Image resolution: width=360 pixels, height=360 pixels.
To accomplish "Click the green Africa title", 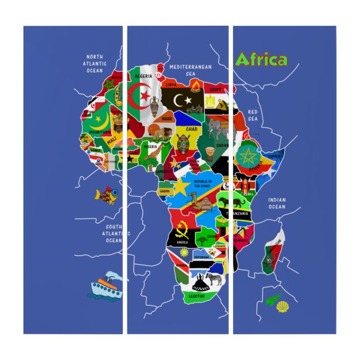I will click(261, 59).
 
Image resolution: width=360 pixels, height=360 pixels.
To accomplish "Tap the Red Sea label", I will click(253, 115).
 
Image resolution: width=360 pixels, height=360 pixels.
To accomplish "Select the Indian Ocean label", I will click(276, 203).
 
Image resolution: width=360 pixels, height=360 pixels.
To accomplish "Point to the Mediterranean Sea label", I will click(191, 70).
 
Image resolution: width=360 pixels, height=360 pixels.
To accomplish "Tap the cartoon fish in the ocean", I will click(107, 195).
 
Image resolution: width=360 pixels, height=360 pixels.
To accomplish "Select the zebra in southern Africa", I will click(214, 278).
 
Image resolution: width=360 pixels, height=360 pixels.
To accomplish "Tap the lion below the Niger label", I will click(159, 133).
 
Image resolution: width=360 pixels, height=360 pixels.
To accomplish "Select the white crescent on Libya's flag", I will click(179, 101).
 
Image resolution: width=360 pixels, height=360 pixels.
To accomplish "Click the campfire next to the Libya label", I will click(195, 86).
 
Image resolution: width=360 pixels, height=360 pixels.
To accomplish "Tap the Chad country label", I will click(191, 129).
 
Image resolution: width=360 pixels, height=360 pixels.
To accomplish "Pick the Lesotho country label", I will click(197, 295).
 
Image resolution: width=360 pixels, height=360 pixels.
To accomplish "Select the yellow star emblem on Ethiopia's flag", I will click(247, 155).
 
